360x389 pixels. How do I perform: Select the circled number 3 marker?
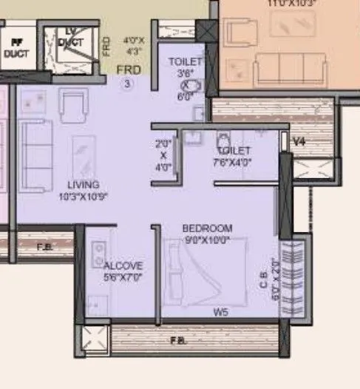pos(126,84)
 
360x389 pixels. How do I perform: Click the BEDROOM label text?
pos(207,229)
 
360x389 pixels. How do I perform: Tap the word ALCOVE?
pos(123,265)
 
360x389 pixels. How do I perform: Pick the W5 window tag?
pos(220,313)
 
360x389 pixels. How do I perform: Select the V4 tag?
pos(299,141)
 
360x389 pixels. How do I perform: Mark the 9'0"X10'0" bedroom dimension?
pos(207,239)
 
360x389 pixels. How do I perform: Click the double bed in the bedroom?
pos(207,274)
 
